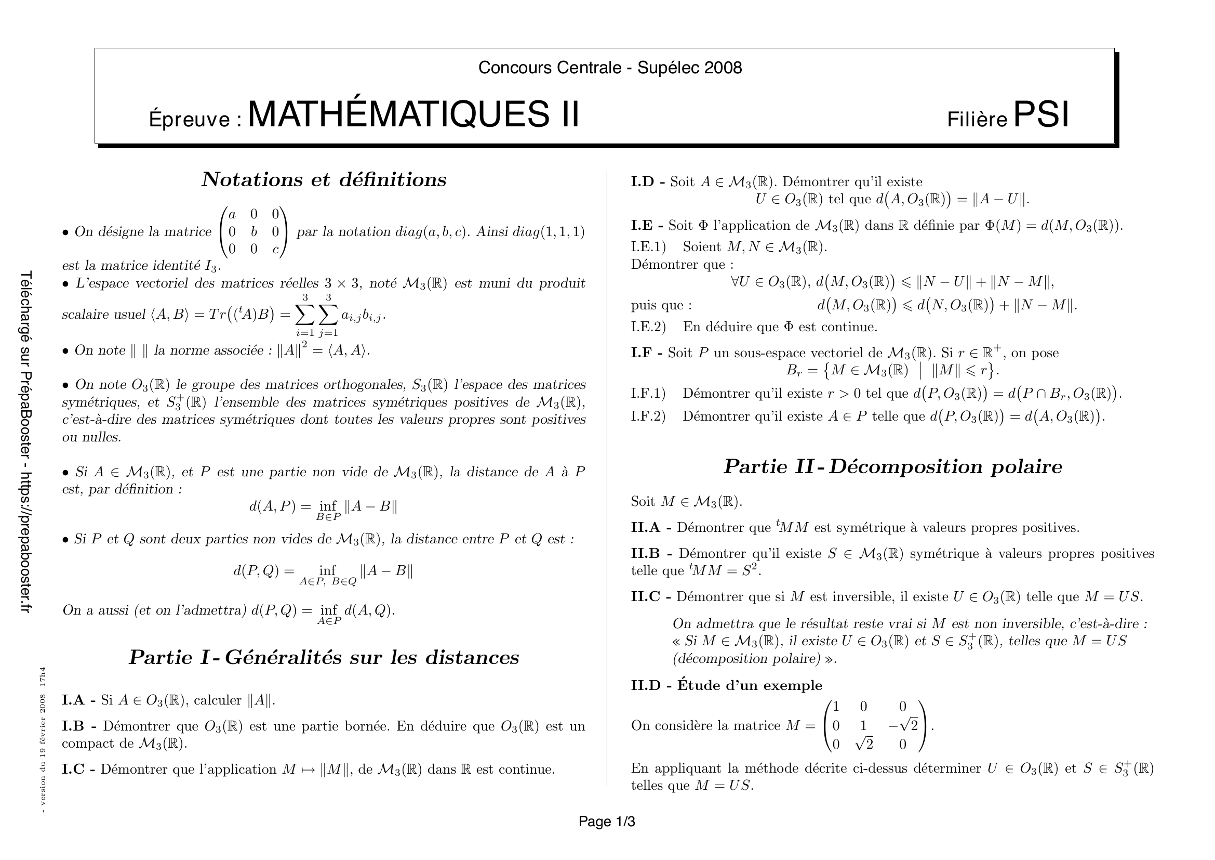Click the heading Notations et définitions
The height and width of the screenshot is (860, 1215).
[324, 179]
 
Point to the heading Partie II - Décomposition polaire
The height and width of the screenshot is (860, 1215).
[893, 466]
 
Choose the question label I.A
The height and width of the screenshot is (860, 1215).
[73, 700]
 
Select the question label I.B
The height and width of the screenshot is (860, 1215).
[73, 725]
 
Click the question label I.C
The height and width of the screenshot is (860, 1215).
[73, 769]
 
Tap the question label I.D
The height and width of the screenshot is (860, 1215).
[643, 181]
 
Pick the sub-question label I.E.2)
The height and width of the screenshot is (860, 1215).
[648, 327]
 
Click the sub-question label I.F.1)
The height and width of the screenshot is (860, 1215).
[648, 393]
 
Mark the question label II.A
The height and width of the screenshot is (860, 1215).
[646, 527]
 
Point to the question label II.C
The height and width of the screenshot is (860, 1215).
[646, 597]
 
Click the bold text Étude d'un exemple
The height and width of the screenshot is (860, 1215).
[750, 685]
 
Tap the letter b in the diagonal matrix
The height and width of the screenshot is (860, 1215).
[254, 232]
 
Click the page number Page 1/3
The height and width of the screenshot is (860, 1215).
[607, 822]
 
